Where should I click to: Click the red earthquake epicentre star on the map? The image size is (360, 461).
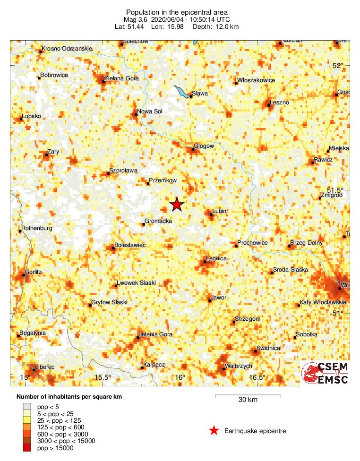click(177, 204)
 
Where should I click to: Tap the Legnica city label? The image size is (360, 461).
click(216, 258)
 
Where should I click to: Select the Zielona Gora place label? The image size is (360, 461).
click(121, 78)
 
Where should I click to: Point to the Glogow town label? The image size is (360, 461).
click(204, 146)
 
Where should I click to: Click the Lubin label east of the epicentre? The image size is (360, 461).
click(219, 211)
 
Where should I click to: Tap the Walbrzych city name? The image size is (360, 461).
click(239, 366)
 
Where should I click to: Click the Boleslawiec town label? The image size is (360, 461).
click(130, 245)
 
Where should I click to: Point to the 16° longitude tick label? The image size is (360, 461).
click(180, 377)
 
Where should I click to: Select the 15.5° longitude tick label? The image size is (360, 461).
click(103, 377)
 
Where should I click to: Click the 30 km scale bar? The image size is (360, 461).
click(248, 395)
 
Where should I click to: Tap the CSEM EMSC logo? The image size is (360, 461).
click(326, 373)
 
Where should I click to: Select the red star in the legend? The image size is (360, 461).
click(214, 430)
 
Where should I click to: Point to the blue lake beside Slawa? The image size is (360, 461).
click(181, 91)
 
